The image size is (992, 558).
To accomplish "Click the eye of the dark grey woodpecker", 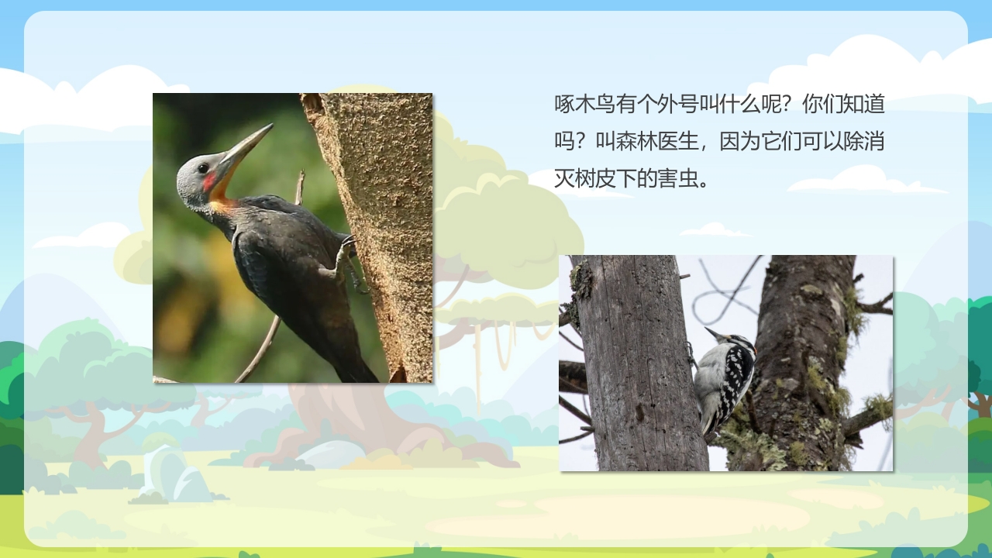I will [202, 167].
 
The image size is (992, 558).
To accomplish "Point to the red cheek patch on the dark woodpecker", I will [209, 182].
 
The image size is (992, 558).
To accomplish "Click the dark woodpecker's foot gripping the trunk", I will [346, 256].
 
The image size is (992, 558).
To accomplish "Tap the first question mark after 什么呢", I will [784, 104].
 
